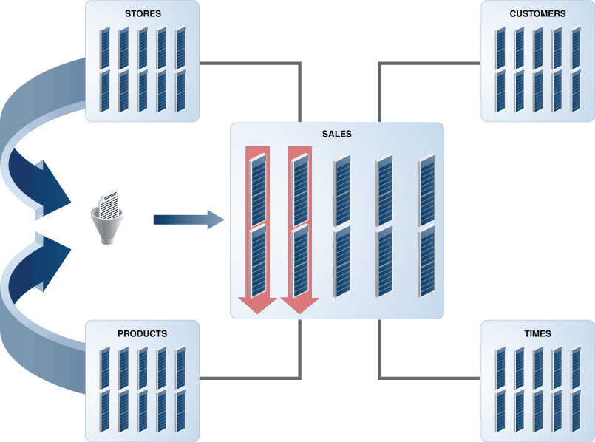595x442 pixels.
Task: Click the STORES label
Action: pyautogui.click(x=142, y=13)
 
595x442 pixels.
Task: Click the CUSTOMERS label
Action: pyautogui.click(x=537, y=13)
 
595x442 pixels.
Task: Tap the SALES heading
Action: pyautogui.click(x=336, y=135)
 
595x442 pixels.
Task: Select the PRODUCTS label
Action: pyautogui.click(x=142, y=333)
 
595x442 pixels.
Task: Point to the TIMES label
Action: pyautogui.click(x=537, y=333)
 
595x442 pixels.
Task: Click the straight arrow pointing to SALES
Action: pyautogui.click(x=188, y=220)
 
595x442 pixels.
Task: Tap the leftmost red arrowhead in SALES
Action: pyautogui.click(x=257, y=305)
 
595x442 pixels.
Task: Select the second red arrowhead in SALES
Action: pyautogui.click(x=299, y=305)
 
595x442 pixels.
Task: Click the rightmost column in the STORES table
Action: pyautogui.click(x=180, y=70)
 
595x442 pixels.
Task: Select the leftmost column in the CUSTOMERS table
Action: pyautogui.click(x=500, y=70)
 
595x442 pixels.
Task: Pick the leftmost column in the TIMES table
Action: pyautogui.click(x=500, y=390)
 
